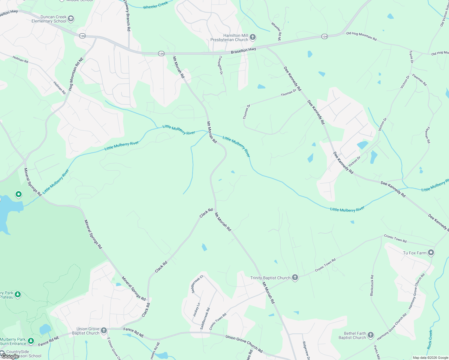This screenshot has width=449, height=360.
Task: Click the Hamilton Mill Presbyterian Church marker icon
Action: (253, 37)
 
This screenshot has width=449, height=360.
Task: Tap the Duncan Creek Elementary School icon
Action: (71, 19)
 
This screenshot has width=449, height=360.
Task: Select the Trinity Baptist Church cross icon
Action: (295, 277)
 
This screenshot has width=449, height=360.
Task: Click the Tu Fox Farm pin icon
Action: (431, 253)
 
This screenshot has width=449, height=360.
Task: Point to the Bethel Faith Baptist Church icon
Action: (371, 335)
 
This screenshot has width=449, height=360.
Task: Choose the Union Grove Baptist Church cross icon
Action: (104, 331)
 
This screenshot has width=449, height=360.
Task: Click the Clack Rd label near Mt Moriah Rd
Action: (206, 213)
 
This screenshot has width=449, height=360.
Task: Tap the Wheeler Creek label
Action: (155, 5)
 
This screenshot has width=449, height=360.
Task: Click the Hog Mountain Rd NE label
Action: (75, 74)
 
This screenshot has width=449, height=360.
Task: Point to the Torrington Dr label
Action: (221, 65)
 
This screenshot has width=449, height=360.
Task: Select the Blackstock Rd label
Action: (372, 285)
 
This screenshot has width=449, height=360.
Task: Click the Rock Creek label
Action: (430, 339)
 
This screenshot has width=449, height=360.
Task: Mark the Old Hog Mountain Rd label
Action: (361, 36)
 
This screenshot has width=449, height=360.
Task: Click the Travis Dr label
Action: (411, 57)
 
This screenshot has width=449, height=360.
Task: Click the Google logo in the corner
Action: (10, 356)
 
